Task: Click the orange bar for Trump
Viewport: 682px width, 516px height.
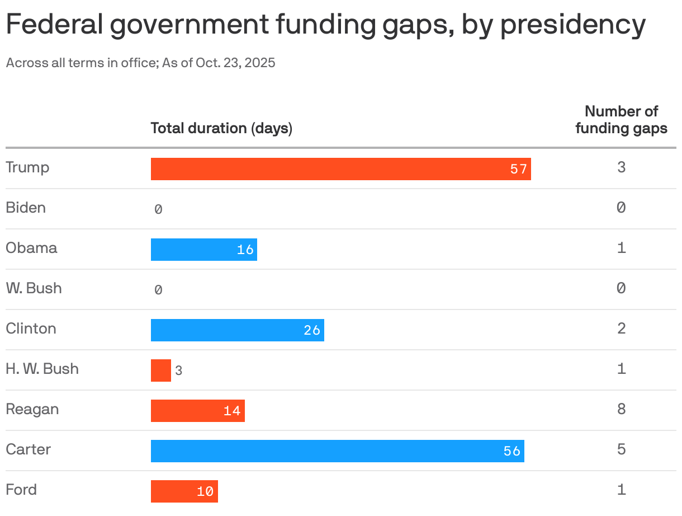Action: tap(340, 169)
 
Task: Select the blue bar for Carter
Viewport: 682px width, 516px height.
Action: tap(337, 451)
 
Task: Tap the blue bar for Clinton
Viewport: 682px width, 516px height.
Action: tap(237, 330)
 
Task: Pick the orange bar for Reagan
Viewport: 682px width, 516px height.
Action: tap(197, 411)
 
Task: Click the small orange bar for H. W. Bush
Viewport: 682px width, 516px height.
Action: tap(160, 370)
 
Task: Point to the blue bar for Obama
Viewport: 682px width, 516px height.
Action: tap(203, 250)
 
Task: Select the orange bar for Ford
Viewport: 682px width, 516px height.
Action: tap(184, 491)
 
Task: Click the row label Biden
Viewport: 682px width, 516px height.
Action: tap(26, 208)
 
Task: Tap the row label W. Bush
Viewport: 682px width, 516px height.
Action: tap(34, 289)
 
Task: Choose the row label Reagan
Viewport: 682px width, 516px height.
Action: tap(32, 410)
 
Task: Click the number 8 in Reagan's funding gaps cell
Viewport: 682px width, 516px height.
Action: tap(621, 410)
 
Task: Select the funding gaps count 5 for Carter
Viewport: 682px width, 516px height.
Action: tap(621, 450)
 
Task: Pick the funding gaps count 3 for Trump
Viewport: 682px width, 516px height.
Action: tap(621, 167)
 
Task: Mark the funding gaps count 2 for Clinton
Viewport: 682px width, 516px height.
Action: tap(621, 329)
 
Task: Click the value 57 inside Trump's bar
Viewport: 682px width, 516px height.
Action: tap(519, 169)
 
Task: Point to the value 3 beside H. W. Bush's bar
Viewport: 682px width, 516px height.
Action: tap(178, 371)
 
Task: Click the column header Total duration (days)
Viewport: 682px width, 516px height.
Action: tap(221, 129)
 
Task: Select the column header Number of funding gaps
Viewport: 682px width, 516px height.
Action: tap(621, 120)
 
